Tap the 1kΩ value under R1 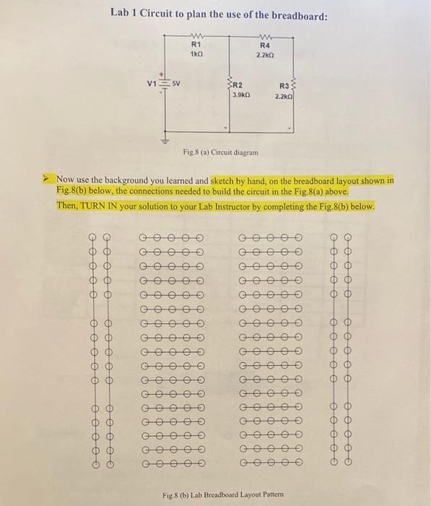(x=196, y=54)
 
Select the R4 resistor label (x=264, y=45)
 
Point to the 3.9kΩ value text (x=240, y=95)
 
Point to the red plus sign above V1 (x=162, y=74)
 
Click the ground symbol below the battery (x=164, y=140)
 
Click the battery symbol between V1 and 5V (x=164, y=84)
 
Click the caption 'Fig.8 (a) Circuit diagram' (x=218, y=153)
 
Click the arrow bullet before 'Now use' (x=46, y=179)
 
